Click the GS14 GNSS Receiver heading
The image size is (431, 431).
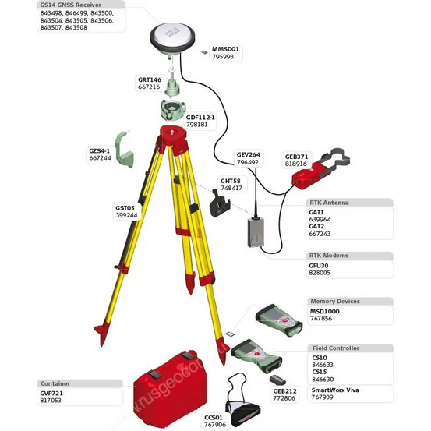click(x=72, y=4)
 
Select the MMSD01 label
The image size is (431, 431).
click(x=226, y=48)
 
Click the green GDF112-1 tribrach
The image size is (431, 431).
click(x=175, y=108)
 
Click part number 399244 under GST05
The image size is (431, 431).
click(x=126, y=215)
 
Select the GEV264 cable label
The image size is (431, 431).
click(x=248, y=154)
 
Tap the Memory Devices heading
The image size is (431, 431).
click(x=334, y=301)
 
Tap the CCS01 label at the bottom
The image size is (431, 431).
click(x=214, y=417)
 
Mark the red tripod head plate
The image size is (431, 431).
click(x=174, y=132)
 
